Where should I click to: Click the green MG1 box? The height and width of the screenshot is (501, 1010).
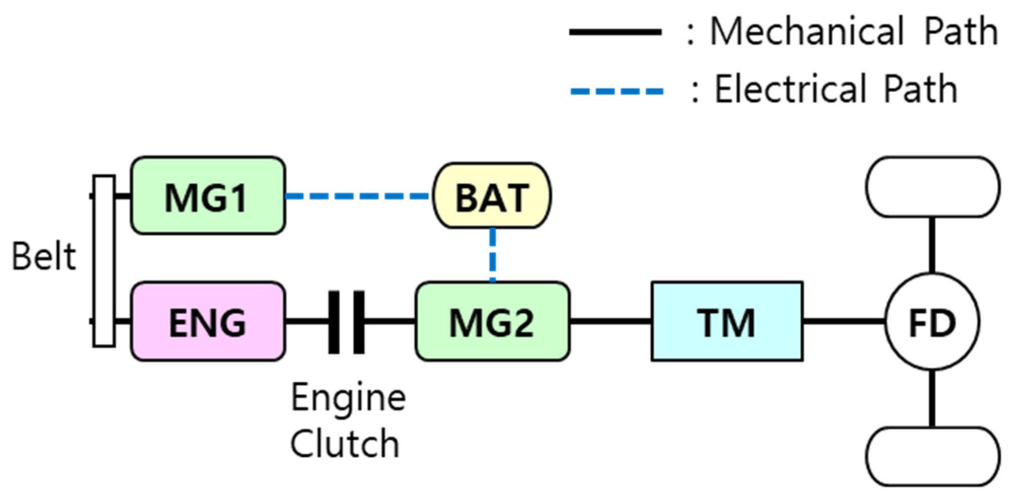click(x=208, y=196)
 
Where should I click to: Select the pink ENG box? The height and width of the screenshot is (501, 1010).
click(x=208, y=322)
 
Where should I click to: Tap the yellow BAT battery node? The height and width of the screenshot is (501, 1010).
click(x=492, y=196)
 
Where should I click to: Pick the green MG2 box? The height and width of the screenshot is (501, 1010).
click(x=492, y=322)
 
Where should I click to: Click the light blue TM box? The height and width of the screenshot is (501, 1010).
click(x=727, y=322)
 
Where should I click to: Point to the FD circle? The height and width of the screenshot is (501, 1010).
click(x=932, y=322)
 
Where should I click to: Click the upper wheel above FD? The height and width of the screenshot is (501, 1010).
click(x=932, y=187)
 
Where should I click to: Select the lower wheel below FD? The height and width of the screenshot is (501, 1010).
click(x=932, y=456)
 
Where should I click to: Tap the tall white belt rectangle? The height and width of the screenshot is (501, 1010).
click(x=104, y=261)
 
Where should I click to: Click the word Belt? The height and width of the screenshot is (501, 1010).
click(x=44, y=256)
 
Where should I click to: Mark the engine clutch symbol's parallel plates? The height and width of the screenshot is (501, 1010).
click(x=346, y=322)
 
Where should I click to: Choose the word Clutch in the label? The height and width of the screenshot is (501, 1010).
click(x=345, y=444)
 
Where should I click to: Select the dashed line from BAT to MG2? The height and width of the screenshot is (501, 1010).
click(x=493, y=255)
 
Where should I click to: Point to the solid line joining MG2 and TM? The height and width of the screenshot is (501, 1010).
click(x=610, y=321)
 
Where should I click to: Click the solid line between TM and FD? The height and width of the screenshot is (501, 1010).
click(x=843, y=321)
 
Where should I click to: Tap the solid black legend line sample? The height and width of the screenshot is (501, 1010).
click(x=615, y=32)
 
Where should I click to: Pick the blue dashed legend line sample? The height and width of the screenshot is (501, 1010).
click(x=616, y=92)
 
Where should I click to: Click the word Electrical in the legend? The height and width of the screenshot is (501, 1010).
click(x=791, y=89)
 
